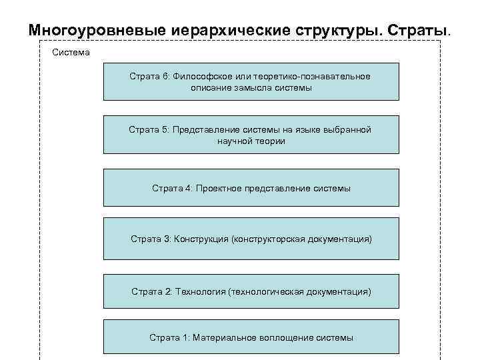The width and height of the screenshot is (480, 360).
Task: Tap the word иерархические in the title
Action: pyautogui.click(x=214, y=31)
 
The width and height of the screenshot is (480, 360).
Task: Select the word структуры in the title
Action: pyautogui.click(x=327, y=31)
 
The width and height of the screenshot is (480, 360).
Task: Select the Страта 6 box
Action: pyautogui.click(x=251, y=81)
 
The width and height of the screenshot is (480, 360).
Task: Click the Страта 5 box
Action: pyautogui.click(x=251, y=135)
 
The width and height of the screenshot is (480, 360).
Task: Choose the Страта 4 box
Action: pyautogui.click(x=251, y=188)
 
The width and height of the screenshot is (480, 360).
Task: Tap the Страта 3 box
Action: pyautogui.click(x=251, y=239)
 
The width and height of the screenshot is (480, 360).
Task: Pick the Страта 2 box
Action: pyautogui.click(x=251, y=291)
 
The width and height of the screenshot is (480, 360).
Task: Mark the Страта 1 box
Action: pyautogui.click(x=251, y=337)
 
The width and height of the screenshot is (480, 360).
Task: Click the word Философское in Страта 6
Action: pyautogui.click(x=200, y=76)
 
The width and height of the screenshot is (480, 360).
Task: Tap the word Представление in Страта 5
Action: pyautogui.click(x=204, y=129)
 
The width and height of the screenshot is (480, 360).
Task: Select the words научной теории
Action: pyautogui.click(x=251, y=141)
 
